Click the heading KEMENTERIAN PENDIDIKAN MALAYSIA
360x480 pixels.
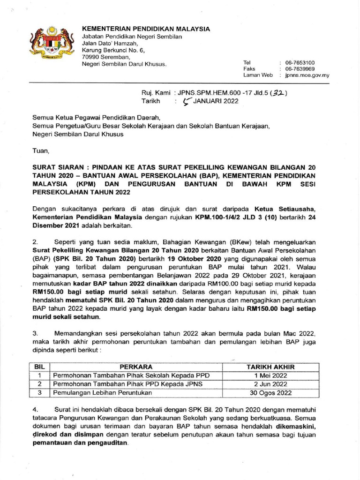point(146,29)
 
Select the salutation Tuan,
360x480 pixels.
point(40,151)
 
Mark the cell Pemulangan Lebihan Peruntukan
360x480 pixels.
point(102,393)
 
